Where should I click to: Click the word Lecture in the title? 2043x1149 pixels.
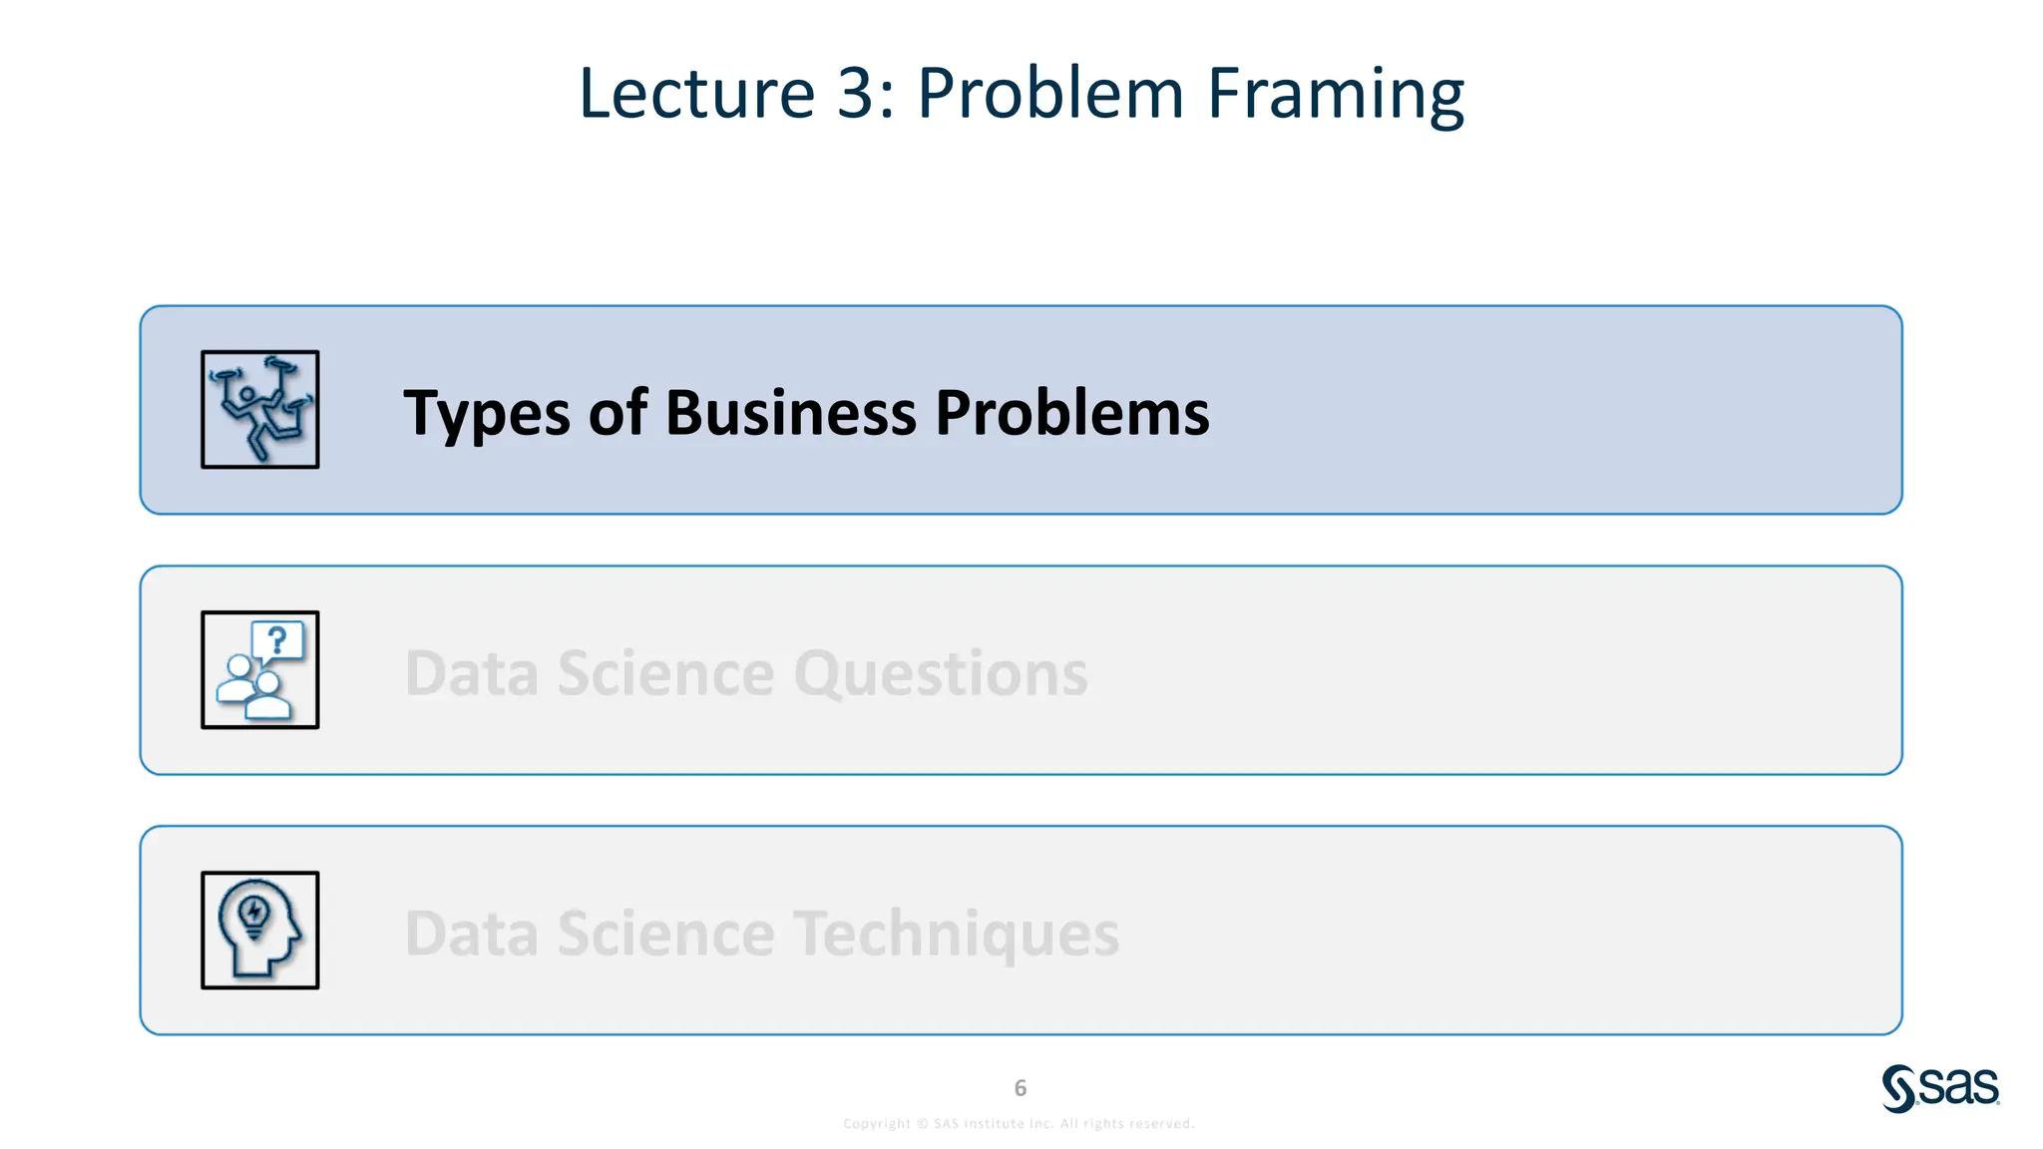click(696, 94)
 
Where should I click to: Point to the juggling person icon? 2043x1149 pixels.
click(259, 409)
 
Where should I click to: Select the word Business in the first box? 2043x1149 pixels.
click(790, 412)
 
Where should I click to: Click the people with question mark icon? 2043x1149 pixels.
click(259, 670)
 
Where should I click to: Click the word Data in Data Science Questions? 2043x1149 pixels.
click(471, 673)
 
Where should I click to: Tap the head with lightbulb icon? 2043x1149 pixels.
click(259, 930)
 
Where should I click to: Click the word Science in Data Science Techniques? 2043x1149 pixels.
click(665, 934)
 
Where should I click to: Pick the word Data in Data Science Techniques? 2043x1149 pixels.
click(471, 934)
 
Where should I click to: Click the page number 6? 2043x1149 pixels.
click(1020, 1088)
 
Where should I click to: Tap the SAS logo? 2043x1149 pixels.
click(1940, 1087)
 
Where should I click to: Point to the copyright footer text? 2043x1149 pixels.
click(1019, 1124)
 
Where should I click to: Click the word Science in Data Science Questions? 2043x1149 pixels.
click(665, 673)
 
